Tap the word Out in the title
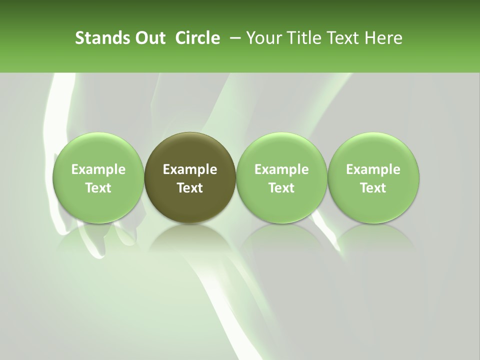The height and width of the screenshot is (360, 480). [x=149, y=38]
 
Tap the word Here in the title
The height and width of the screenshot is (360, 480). [x=383, y=38]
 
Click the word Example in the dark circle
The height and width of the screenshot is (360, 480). [x=190, y=169]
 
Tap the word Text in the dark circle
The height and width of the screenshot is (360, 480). [x=190, y=188]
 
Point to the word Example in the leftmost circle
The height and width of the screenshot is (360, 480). [x=98, y=169]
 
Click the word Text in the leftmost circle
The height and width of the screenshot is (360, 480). [x=98, y=188]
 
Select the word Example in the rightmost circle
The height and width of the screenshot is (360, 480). [x=373, y=169]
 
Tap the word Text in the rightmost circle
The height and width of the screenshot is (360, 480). [x=373, y=188]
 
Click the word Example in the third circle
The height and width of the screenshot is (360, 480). [x=281, y=169]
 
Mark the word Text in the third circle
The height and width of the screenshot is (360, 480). [x=281, y=188]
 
